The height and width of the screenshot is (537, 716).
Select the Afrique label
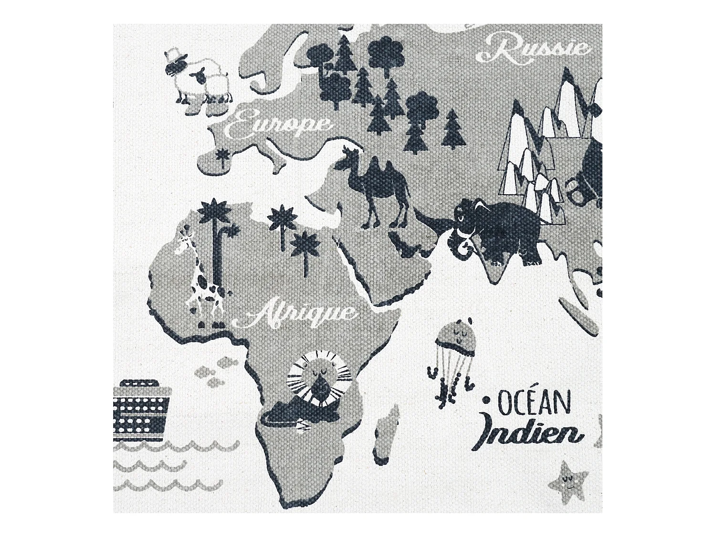[x=301, y=314]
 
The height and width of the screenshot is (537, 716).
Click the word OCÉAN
[x=535, y=404]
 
